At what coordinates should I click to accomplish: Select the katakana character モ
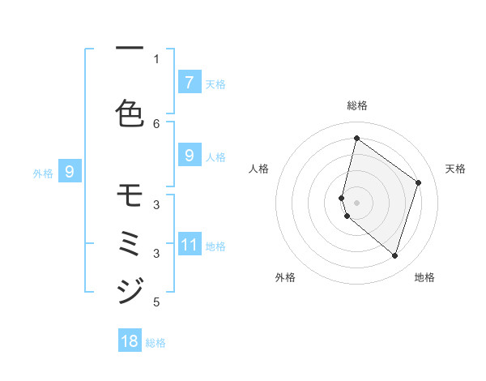coord(130,195)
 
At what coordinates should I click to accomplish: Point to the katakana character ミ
coord(130,242)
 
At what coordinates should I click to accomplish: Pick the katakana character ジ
coord(130,289)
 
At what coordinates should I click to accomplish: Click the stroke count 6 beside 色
coord(157,123)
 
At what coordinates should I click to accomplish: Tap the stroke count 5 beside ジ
coord(156,303)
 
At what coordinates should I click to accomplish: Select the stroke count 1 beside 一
coord(156,58)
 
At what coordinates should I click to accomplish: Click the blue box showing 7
coord(189,83)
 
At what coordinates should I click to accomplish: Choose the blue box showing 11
coord(189,245)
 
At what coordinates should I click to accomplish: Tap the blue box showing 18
coord(130,341)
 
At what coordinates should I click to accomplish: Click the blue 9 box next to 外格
coord(69,171)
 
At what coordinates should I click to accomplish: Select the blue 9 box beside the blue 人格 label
coord(189,156)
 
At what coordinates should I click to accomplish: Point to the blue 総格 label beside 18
coord(156,343)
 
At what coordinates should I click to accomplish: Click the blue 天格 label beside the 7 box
coord(215,83)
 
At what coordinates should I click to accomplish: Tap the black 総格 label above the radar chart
coord(357,105)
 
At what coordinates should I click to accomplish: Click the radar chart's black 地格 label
coord(424,277)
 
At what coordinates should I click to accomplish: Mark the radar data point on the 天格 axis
coord(419,182)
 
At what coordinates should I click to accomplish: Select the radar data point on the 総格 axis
coord(356,139)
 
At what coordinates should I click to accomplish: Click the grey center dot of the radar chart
coord(357,202)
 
